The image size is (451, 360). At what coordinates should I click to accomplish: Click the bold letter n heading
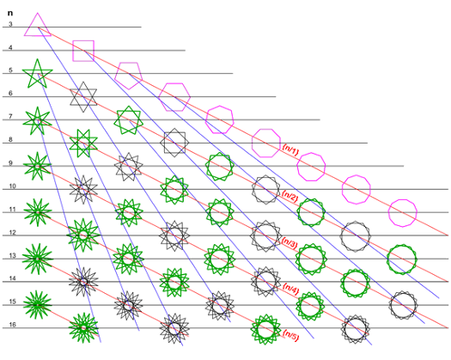pos(10,13)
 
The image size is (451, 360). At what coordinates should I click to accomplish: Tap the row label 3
pos(10,24)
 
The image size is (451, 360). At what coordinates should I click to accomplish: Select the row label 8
pos(10,139)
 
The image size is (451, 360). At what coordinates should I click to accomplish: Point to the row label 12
pos(12,232)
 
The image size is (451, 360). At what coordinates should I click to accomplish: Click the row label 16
pos(12,325)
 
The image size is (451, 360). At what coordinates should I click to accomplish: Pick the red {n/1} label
pos(290,149)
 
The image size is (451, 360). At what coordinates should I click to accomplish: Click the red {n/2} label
pos(289,197)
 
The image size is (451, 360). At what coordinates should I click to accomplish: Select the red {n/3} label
pos(289,243)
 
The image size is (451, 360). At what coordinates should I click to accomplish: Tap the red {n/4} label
pos(290,289)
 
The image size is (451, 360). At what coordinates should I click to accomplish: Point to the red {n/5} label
pos(290,335)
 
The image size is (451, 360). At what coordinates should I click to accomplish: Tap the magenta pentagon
pos(116,76)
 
